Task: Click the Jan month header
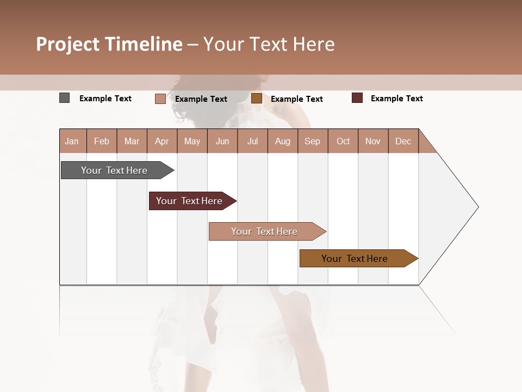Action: tap(72, 141)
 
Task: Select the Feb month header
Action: tap(102, 141)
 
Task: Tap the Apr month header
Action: tap(162, 141)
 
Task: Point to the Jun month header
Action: tap(222, 141)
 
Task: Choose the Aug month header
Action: tap(283, 141)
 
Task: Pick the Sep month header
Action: tap(313, 141)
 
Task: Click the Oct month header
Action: tap(343, 141)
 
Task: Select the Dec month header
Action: tap(403, 141)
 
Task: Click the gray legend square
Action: tap(64, 98)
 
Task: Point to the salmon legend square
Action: tap(160, 99)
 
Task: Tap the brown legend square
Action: tap(257, 99)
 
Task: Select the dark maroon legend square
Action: tap(357, 98)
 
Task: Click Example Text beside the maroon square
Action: tap(396, 99)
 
